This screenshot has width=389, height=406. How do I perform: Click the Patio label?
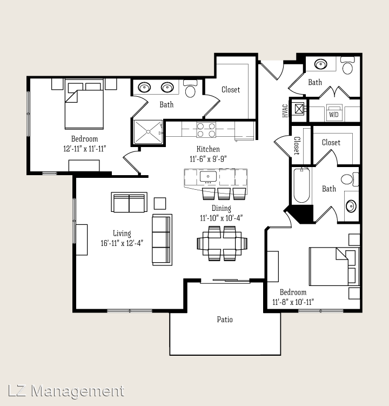click(x=225, y=320)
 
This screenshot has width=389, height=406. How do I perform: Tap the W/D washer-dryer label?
click(x=333, y=115)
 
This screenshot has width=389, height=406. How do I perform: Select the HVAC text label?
click(x=285, y=111)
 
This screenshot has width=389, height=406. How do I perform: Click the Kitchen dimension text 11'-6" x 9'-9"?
click(x=208, y=159)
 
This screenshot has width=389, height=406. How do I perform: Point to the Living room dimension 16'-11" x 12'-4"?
click(x=122, y=243)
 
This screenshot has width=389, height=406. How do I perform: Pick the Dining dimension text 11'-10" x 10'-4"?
click(x=222, y=218)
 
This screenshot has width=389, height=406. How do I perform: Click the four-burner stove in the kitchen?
click(x=206, y=130)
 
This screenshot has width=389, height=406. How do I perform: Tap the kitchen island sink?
click(x=208, y=177)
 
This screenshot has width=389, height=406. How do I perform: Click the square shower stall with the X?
click(x=148, y=132)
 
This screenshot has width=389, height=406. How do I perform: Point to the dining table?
click(x=222, y=243)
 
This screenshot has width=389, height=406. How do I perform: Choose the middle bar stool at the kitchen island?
click(x=224, y=194)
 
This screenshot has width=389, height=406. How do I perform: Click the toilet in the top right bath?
click(x=347, y=65)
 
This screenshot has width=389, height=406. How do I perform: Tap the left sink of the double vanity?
click(x=144, y=88)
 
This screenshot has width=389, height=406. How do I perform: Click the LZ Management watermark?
click(x=66, y=391)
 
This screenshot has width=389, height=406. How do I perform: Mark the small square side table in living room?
click(x=160, y=203)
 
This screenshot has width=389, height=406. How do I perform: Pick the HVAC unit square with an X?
click(x=299, y=109)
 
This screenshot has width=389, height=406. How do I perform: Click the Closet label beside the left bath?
click(x=231, y=90)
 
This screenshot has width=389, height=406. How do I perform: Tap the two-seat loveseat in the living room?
click(x=129, y=202)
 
